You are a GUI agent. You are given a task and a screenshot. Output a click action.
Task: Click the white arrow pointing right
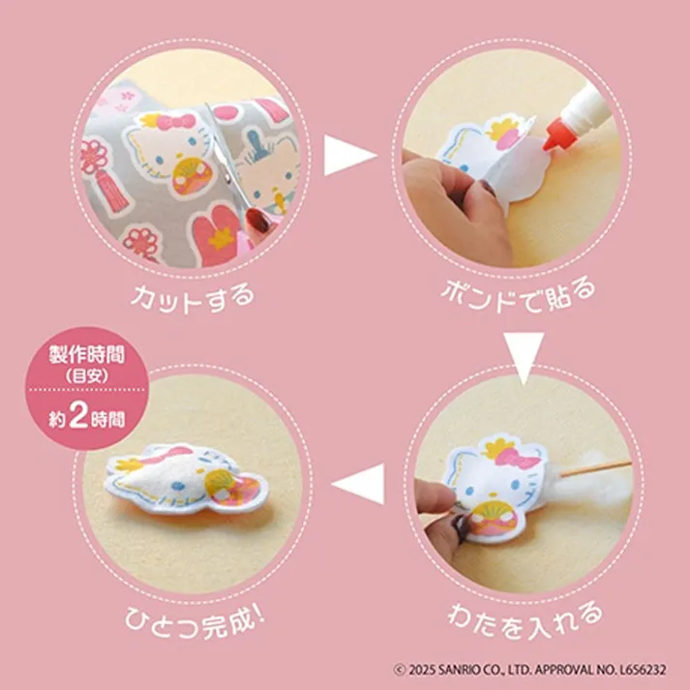pos(347,156)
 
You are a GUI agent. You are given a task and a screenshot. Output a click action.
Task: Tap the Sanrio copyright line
pos(537,669)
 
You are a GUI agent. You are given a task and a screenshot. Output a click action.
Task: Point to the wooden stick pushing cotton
pos(596,468)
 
